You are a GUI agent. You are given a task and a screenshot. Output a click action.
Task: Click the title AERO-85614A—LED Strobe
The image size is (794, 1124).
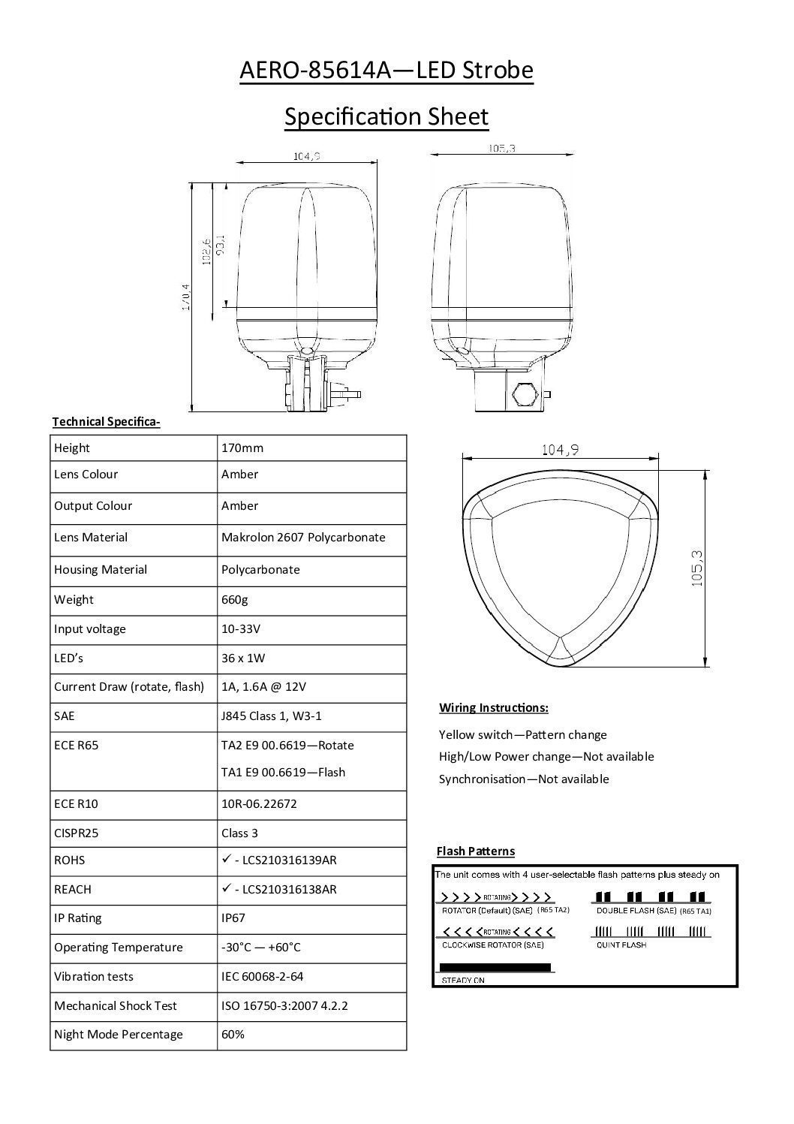coord(386,71)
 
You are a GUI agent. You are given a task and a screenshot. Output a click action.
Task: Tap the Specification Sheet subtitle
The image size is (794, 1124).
coord(386,116)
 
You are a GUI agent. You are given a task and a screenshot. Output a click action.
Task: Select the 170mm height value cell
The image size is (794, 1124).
coord(242,448)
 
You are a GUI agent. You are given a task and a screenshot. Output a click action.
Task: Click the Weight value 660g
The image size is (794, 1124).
coord(234,599)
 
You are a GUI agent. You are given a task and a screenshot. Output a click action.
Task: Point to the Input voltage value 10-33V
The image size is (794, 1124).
coord(241,628)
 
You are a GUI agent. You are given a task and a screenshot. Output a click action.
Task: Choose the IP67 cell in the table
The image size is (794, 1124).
coord(233,918)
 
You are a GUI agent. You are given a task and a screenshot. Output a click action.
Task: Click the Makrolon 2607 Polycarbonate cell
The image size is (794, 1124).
coord(303,538)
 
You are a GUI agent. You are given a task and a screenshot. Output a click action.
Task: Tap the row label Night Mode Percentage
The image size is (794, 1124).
coord(119,1034)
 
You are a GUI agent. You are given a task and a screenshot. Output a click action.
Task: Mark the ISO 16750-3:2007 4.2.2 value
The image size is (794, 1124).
coord(284,1005)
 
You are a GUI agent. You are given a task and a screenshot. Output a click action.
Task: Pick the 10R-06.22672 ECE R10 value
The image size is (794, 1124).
coord(259,803)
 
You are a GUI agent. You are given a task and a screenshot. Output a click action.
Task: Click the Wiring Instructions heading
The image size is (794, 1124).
coord(493,708)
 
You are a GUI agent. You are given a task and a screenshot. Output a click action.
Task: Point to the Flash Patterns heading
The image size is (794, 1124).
coord(476,851)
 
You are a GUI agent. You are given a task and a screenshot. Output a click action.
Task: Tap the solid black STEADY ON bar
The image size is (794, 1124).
coord(495,967)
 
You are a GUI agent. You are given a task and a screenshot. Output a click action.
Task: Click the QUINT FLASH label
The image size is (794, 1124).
coord(621,945)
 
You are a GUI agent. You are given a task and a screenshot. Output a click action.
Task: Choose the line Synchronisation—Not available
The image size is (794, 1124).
coord(524,779)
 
